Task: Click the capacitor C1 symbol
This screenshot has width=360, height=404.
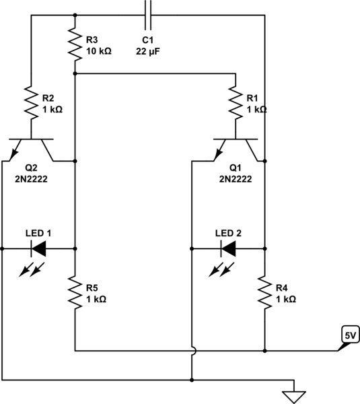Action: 149,13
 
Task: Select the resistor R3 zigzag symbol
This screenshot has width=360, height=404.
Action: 75,44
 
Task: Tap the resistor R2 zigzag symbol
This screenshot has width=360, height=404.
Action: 31,101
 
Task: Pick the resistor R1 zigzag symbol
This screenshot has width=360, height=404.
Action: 236,102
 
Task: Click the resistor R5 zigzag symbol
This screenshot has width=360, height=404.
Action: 75,292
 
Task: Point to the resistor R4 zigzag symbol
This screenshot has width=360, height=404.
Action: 264,292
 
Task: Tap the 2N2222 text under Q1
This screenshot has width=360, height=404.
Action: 236,180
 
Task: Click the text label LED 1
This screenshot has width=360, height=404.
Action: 38,232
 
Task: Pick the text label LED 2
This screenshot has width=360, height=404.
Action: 228,232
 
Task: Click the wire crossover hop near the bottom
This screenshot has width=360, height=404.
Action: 192,351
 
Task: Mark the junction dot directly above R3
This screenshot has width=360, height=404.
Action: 75,13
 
